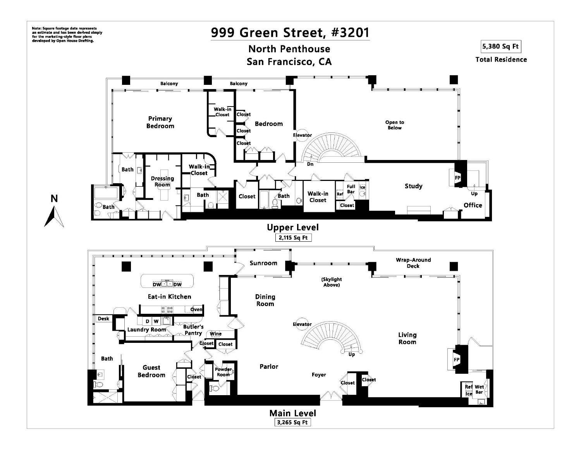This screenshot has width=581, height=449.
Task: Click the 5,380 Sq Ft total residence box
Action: tap(500, 47)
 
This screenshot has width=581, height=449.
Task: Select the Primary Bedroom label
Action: tap(160, 122)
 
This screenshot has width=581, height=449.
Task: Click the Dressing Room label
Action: tap(162, 181)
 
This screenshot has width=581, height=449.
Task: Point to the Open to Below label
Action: tap(394, 125)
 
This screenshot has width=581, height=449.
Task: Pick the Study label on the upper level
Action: tap(413, 186)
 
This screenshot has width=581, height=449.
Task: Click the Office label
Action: tap(473, 205)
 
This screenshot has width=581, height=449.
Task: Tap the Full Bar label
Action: tap(351, 189)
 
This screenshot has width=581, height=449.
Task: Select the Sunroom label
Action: tap(263, 263)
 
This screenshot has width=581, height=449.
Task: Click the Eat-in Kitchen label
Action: tap(169, 296)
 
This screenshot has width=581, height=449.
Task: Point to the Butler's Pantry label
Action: tap(193, 330)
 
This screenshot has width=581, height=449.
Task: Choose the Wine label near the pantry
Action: tap(216, 334)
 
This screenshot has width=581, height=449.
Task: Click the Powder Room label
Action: tap(223, 372)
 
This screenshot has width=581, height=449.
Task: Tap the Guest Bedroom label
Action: tap(151, 371)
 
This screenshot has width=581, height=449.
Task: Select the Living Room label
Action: tap(407, 338)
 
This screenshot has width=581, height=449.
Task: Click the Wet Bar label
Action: tap(479, 389)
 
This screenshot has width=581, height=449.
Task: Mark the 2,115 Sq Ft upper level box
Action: tap(293, 238)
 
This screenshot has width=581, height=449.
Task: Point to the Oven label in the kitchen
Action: tap(196, 310)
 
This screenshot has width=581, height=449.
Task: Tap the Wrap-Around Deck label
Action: tap(413, 263)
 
